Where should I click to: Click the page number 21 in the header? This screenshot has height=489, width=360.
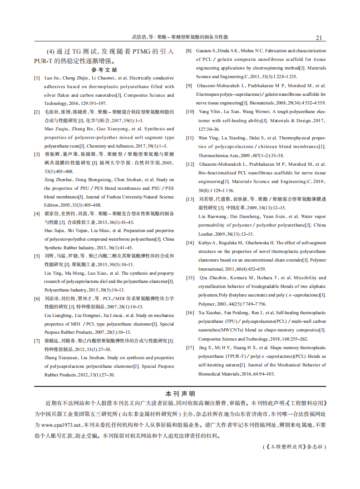(319, 38)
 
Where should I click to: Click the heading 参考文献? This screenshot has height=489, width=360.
(104, 70)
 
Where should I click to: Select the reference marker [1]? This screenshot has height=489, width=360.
(37, 78)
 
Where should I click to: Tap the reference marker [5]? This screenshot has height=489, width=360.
(37, 256)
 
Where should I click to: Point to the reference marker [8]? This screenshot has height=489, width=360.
(189, 51)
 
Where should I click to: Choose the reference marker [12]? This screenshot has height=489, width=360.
(190, 164)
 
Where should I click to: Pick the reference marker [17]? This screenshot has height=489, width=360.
(190, 348)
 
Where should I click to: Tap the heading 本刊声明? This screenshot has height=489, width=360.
(180, 393)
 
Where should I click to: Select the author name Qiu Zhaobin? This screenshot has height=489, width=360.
(212, 277)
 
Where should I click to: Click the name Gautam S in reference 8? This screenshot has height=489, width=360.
(206, 51)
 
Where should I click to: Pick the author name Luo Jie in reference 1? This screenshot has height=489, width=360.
(52, 78)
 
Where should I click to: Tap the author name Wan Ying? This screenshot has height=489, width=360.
(209, 138)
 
